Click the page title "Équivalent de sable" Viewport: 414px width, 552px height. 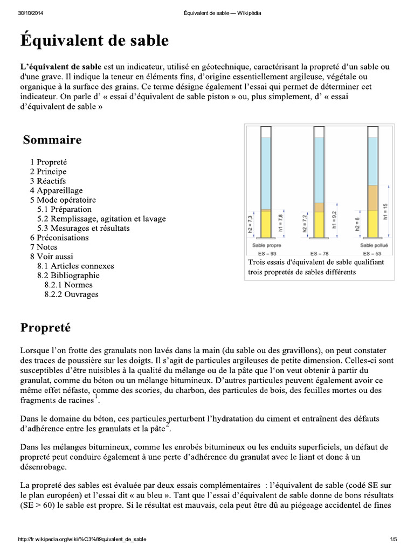94,42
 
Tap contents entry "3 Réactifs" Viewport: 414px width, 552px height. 48,181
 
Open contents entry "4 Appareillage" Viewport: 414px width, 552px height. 57,190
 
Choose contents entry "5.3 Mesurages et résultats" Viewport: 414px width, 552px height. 84,228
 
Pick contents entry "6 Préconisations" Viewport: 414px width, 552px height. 59,237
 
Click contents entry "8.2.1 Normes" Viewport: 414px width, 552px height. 68,285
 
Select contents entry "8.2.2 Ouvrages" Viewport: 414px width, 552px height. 72,294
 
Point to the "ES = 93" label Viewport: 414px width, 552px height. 268,252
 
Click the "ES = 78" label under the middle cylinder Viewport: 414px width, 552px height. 320,252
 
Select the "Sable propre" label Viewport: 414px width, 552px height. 268,245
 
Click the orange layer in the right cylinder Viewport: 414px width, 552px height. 372,197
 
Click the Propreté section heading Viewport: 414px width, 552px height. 46,327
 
